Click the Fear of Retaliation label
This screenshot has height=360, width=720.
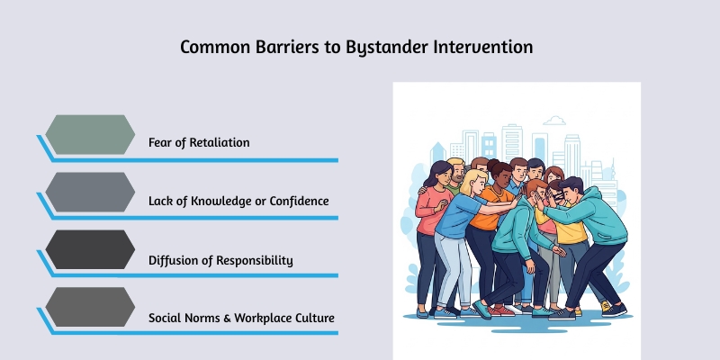[199, 142]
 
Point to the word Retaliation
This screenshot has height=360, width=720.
[218, 142]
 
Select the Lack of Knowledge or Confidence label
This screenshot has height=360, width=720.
[238, 201]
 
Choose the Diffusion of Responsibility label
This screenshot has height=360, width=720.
[220, 260]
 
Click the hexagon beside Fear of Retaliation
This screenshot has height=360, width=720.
[90, 134]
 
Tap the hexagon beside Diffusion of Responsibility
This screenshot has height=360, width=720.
[90, 250]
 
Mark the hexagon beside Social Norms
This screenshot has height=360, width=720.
[90, 308]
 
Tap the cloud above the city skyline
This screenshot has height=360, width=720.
[554, 120]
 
